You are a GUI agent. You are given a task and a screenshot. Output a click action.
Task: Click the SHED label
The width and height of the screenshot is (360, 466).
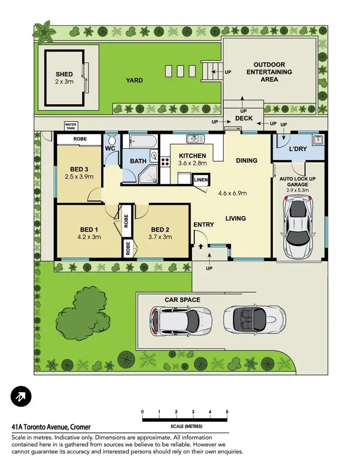[64, 74]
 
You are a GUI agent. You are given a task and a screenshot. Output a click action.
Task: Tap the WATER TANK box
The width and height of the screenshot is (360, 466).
[71, 126]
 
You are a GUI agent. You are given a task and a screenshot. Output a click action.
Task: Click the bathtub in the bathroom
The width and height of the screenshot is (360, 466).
[140, 141]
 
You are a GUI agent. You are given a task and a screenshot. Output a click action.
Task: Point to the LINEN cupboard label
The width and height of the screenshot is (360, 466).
[200, 180]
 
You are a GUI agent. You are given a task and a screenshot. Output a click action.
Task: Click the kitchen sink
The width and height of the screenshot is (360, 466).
[196, 139]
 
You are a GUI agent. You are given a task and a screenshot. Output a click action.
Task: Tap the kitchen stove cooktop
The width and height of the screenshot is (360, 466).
[165, 161]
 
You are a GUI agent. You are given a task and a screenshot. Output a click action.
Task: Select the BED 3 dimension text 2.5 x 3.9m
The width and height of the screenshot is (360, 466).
[79, 177]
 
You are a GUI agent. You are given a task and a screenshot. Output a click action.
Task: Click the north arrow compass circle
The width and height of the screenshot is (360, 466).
[21, 396]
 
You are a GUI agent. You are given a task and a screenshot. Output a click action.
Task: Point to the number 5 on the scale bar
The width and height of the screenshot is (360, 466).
[227, 412]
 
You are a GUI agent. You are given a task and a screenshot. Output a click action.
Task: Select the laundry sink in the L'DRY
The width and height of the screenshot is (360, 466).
[316, 140]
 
